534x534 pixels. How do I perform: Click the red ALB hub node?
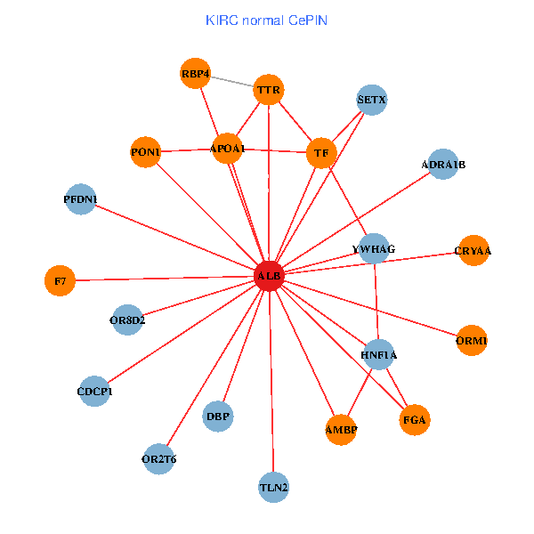[x=269, y=277]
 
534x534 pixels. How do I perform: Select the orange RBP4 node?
[x=195, y=74]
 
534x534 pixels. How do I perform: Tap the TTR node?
[x=268, y=90]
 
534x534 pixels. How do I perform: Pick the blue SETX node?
[x=371, y=101]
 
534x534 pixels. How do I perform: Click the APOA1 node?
[x=227, y=148]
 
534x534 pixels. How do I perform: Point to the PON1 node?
[x=145, y=152]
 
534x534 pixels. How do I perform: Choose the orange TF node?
[x=321, y=153]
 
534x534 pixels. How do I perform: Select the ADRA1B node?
[x=443, y=165]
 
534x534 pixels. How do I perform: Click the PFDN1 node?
[x=81, y=198]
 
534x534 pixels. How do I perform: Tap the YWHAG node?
[x=374, y=248]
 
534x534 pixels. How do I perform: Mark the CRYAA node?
[x=473, y=251]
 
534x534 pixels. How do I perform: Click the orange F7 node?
[x=60, y=281]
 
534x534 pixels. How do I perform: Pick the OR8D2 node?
[x=127, y=320]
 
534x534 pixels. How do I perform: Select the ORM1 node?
[x=472, y=340]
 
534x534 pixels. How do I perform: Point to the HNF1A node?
[x=379, y=354]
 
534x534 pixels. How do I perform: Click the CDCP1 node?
[x=95, y=391]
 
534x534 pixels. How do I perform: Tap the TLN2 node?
[x=274, y=487]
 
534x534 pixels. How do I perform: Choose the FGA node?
[x=415, y=419]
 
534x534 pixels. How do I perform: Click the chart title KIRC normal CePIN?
[x=267, y=20]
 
